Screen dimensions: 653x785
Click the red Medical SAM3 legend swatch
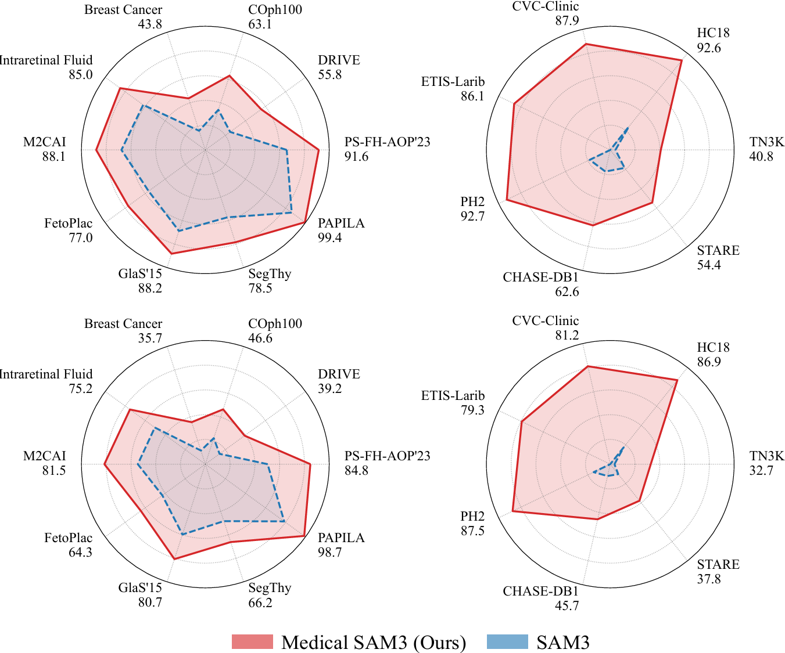coord(252,641)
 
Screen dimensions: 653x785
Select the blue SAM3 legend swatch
coord(507,641)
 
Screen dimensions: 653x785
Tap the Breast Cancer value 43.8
coord(150,24)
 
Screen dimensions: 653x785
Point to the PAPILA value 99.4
coord(329,238)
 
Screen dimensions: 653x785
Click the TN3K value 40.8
coord(761,157)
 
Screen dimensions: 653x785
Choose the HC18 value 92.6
coord(709,48)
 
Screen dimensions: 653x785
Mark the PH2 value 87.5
coord(472,531)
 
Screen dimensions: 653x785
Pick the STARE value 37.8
coord(709,579)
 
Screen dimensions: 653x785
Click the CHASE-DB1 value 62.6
coord(567,292)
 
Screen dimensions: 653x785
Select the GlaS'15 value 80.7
coord(150,603)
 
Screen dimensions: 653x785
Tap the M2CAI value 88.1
coord(54,157)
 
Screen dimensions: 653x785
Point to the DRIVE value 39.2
coord(329,389)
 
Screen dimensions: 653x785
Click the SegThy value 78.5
coord(260,288)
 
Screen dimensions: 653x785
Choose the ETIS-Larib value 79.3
coord(472,410)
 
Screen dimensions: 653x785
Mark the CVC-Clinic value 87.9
coord(567,21)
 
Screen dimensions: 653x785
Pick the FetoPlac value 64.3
coord(80,553)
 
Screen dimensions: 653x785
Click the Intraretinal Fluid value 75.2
coord(80,389)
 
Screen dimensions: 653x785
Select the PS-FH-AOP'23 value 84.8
coord(356,471)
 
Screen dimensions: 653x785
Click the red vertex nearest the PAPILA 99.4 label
coord(306,223)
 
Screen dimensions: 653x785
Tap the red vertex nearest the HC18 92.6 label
coord(682,60)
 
